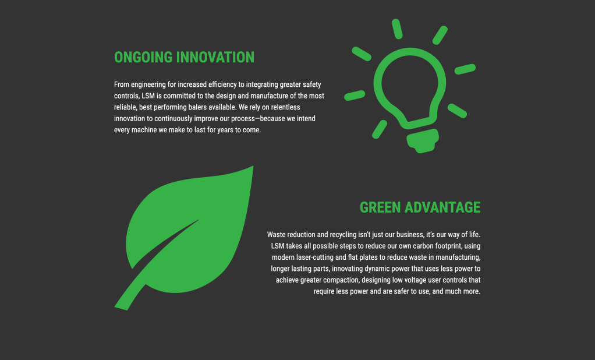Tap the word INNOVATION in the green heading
pyautogui.click(x=216, y=57)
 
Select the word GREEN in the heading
pyautogui.click(x=380, y=207)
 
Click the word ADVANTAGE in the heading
pyautogui.click(x=442, y=207)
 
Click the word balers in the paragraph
pyautogui.click(x=197, y=107)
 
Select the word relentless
pyautogui.click(x=285, y=107)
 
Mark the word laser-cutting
pyautogui.click(x=314, y=257)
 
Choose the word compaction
pyautogui.click(x=341, y=280)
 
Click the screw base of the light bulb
pyautogui.click(x=423, y=140)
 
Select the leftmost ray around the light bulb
pyautogui.click(x=355, y=96)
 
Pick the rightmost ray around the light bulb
pyautogui.click(x=465, y=69)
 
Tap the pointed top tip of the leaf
pyautogui.click(x=253, y=167)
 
